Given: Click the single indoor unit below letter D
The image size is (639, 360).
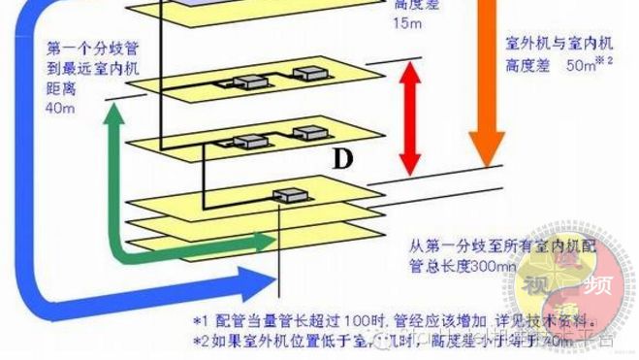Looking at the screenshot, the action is [x=287, y=195].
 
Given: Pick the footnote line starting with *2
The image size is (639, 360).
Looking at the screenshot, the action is [x=388, y=340].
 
